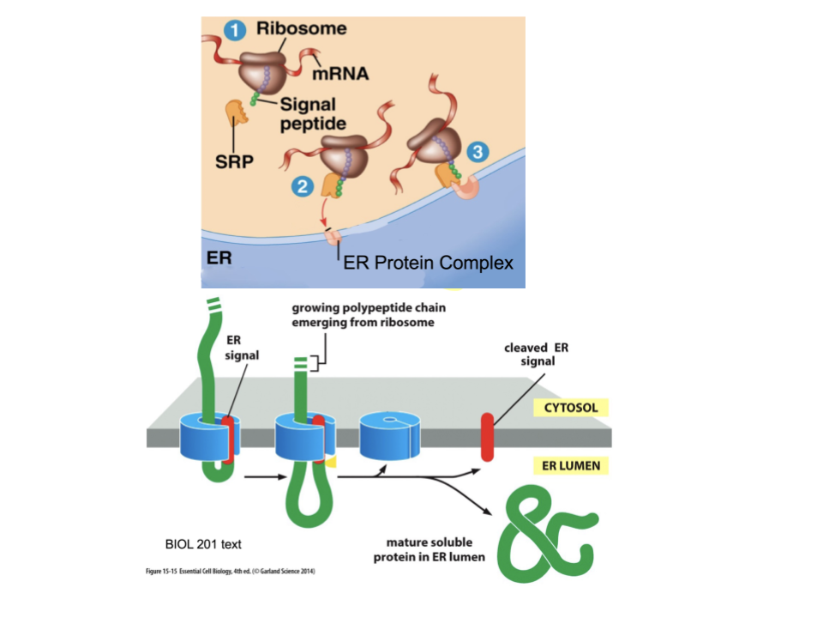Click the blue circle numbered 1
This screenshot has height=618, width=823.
pos(234,31)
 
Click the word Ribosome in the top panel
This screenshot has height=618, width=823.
pos(302,28)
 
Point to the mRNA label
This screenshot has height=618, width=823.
pos(340,74)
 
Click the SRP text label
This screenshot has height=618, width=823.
pos(234,161)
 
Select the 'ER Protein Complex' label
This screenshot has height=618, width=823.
pos(428,263)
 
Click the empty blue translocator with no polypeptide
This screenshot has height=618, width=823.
pos(388,434)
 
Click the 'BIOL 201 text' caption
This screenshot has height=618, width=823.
pos(203,543)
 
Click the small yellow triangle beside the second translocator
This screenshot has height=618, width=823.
pos(329,463)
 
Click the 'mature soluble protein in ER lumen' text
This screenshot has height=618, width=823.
pos(429,549)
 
